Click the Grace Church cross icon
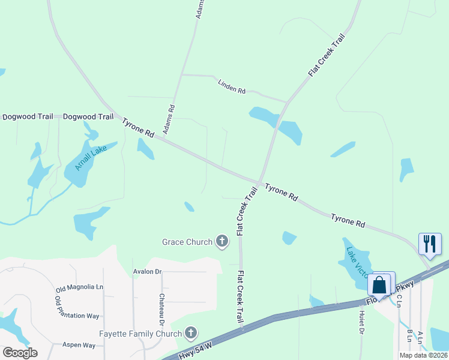coord(222,242)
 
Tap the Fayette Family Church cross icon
coord(191,332)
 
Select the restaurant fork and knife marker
coord(430,243)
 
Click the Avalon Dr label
coord(148,272)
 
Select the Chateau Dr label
coord(162,305)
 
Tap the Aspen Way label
coord(80,345)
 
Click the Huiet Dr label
coord(362,322)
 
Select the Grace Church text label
coord(187,242)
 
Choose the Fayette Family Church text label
coord(140,334)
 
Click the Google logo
coord(20,352)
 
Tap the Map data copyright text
coord(423,355)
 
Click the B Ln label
coord(409,336)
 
